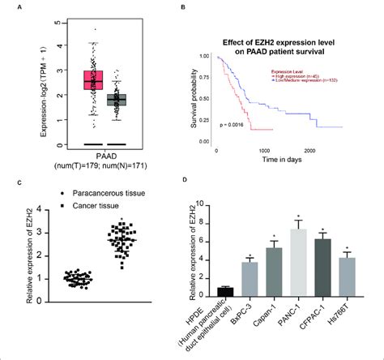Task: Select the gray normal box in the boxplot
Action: [117, 101]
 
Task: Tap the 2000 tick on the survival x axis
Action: [310, 152]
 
